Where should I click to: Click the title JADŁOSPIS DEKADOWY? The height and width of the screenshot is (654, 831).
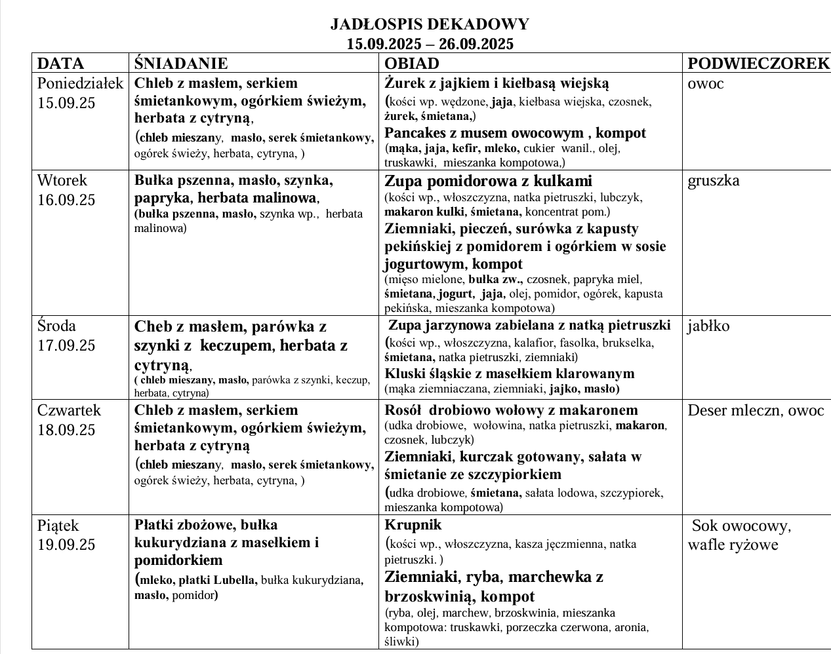click(430, 25)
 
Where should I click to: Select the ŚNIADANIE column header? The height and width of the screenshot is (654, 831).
click(181, 64)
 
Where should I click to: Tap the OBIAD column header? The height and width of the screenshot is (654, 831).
click(411, 64)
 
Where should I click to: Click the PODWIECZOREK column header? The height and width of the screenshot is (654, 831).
click(758, 64)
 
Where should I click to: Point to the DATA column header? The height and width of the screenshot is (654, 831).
click(61, 64)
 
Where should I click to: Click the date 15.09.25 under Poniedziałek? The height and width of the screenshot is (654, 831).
click(66, 103)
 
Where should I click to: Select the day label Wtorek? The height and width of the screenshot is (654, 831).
click(62, 181)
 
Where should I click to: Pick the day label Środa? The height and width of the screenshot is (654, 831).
click(57, 326)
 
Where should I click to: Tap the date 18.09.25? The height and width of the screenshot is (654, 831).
click(66, 430)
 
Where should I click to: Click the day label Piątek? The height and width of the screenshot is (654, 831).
click(58, 526)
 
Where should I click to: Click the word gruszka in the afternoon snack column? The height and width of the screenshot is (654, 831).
click(714, 181)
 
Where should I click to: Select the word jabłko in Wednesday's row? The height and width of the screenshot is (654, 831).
click(708, 326)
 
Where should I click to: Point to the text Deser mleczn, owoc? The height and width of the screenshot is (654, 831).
click(756, 411)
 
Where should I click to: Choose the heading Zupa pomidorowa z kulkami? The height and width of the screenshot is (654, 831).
click(488, 181)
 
